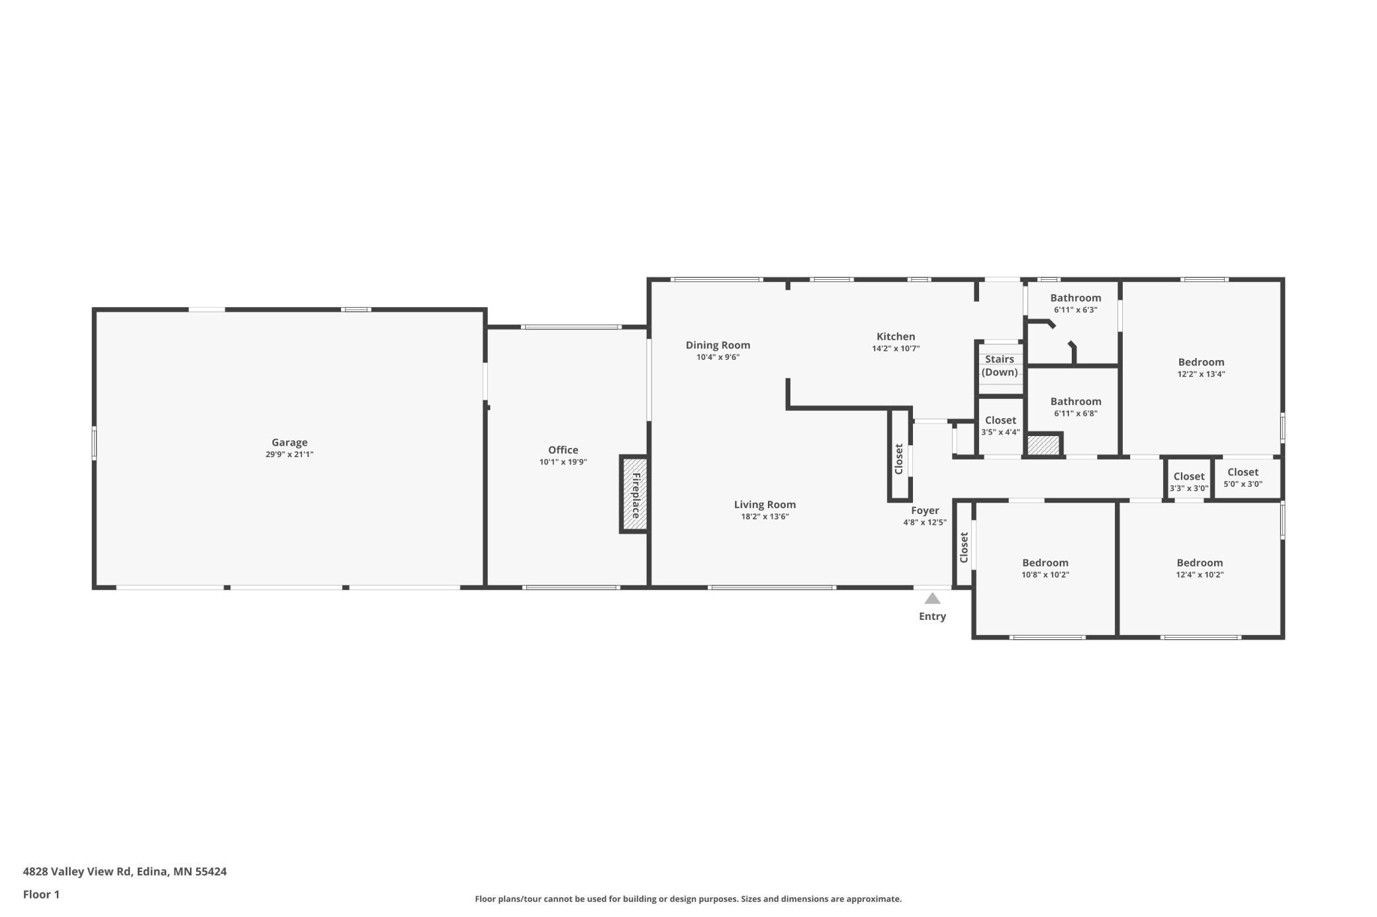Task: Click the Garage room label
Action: tap(289, 443)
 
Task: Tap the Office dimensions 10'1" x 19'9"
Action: tap(563, 462)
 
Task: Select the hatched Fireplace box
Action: tap(634, 494)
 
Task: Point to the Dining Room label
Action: tap(718, 345)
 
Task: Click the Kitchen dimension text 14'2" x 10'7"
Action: tap(896, 348)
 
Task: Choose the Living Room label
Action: tap(765, 505)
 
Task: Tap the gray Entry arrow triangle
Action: tap(932, 598)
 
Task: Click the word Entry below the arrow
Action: tap(932, 617)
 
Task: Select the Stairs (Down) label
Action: tap(1000, 366)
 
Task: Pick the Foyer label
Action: tap(925, 511)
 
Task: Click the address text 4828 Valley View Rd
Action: tap(77, 871)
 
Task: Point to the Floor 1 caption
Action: tap(41, 895)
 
